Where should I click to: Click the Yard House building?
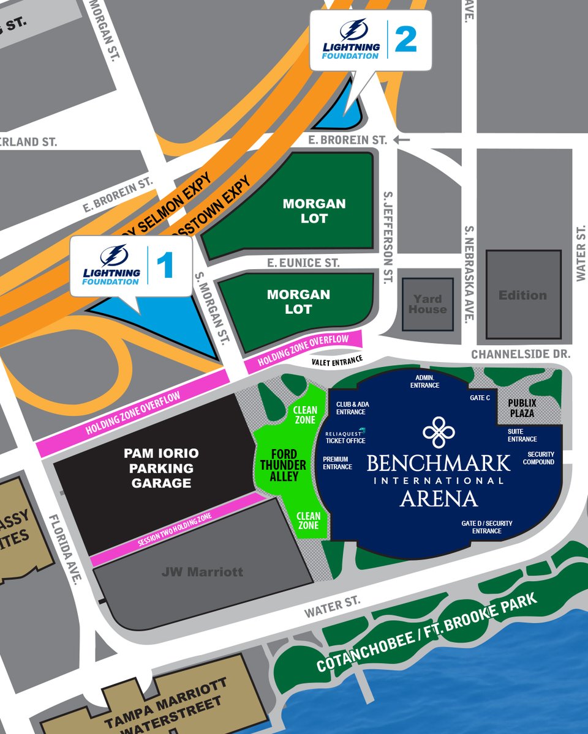coord(428,304)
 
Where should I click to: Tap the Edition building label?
coord(522,295)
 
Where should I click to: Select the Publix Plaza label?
coord(522,408)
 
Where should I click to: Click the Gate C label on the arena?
coord(480,398)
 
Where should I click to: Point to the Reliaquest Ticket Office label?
coord(345,437)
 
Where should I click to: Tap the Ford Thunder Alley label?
coord(284,465)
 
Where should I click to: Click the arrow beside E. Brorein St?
coord(402,140)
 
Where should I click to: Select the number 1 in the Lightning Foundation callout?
coord(165,266)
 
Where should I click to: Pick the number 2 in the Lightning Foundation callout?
coord(405,40)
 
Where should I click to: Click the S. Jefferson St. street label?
coord(387,237)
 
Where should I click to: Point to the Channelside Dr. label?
coord(520,354)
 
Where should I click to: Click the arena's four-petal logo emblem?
coord(439,432)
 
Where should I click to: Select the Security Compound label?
coord(538,458)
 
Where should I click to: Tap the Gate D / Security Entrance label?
coord(487,527)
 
